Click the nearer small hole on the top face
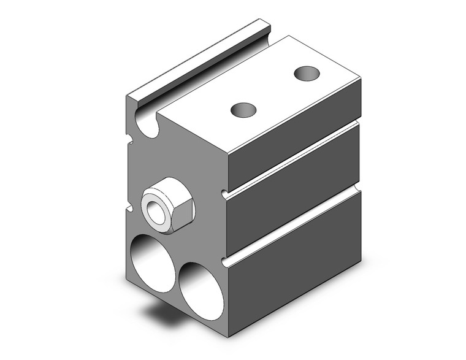(243, 110)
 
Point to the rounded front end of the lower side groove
(225, 264)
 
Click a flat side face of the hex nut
(184, 214)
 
